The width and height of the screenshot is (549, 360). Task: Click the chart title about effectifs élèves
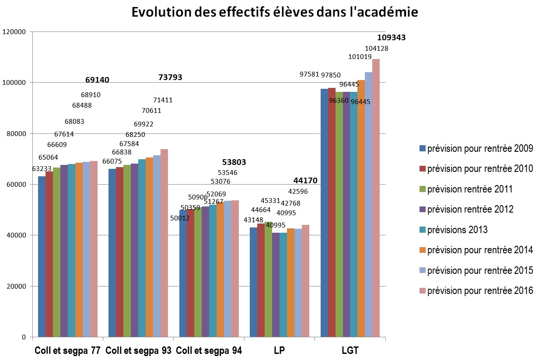click(275, 12)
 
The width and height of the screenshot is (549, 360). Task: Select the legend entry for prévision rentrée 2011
click(469, 189)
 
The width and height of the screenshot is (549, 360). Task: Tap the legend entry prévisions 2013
click(457, 230)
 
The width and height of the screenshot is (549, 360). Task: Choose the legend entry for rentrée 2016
click(480, 290)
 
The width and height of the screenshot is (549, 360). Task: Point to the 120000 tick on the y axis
click(14, 32)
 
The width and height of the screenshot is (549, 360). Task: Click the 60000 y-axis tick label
click(16, 185)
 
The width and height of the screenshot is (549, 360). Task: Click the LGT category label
click(350, 351)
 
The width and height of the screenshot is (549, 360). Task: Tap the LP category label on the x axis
click(279, 351)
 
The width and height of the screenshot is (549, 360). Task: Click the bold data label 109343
click(391, 38)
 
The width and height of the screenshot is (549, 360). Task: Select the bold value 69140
click(97, 80)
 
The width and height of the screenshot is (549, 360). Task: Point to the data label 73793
click(170, 77)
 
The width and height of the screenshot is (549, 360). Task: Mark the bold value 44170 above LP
click(305, 181)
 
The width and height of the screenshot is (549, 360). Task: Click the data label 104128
click(376, 49)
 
